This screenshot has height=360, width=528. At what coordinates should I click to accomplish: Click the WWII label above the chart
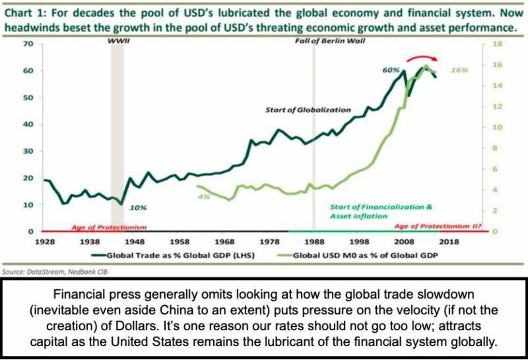pos(117,40)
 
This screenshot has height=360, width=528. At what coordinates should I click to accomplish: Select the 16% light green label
pos(460,69)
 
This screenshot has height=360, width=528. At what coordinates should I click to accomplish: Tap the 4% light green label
pos(204,197)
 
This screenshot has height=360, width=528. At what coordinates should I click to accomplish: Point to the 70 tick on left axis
pos(27,44)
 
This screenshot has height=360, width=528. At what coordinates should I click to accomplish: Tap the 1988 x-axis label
pos(314,242)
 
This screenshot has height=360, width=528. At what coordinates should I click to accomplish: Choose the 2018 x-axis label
pos(448,242)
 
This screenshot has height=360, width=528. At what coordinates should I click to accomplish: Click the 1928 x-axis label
pos(45,242)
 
